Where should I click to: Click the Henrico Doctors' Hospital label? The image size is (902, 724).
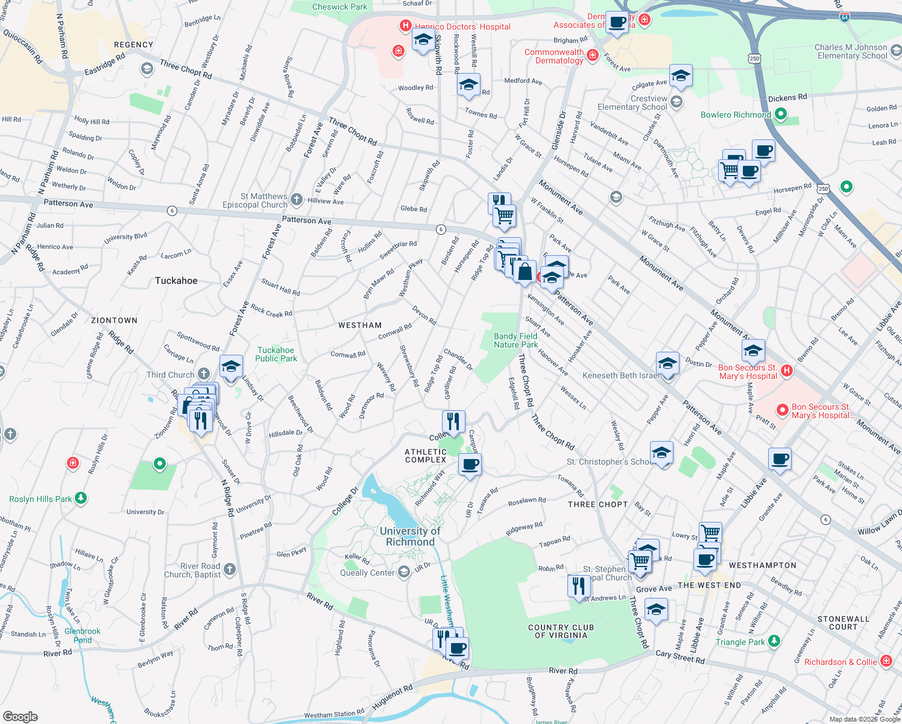[462, 27]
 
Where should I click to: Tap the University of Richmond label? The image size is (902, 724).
[410, 536]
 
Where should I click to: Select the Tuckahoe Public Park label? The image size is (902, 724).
[276, 354]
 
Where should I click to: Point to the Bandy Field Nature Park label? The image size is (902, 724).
[516, 340]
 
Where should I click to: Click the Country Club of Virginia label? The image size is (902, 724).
[561, 631]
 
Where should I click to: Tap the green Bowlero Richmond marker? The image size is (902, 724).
[781, 114]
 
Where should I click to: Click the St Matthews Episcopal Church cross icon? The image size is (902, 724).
[296, 199]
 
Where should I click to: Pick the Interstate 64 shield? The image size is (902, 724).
[845, 17]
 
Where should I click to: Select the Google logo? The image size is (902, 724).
[20, 716]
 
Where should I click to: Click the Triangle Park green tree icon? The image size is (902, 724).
[774, 641]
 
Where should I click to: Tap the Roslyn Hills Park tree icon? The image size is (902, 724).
[81, 498]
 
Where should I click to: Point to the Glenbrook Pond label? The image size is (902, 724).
[83, 635]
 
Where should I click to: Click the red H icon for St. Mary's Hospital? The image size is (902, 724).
[786, 370]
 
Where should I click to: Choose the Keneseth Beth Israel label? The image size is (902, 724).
[621, 375]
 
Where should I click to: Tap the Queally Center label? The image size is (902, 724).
[367, 573]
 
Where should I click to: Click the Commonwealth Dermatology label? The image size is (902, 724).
[553, 56]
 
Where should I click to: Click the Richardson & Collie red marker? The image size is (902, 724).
[886, 661]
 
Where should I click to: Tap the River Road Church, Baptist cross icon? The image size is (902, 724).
[229, 569]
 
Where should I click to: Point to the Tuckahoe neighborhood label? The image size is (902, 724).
[176, 281]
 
